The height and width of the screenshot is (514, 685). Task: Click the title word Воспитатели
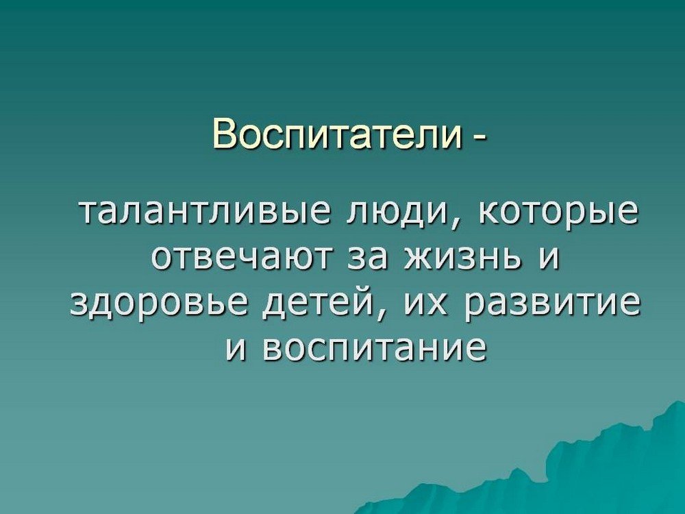(x=337, y=134)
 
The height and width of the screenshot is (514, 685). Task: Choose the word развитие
(x=553, y=304)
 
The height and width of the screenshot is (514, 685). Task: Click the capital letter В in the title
(x=224, y=134)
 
